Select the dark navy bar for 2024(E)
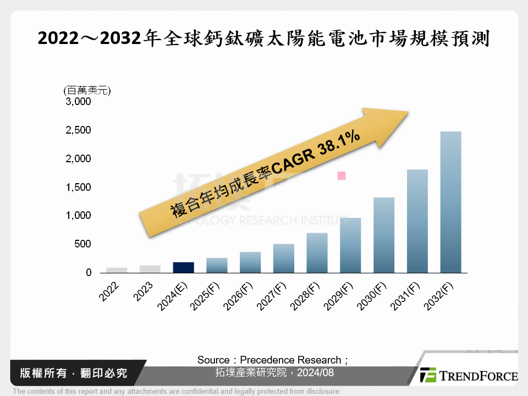pos(183,267)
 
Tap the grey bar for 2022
pos(117,270)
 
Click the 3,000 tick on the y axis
pos(79,102)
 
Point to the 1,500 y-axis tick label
pos(79,188)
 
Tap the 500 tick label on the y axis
pos(82,244)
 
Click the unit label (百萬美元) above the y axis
pos(87,90)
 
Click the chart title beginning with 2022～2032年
pos(263,39)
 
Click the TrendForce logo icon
pos(428,375)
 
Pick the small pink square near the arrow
pos(341,175)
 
